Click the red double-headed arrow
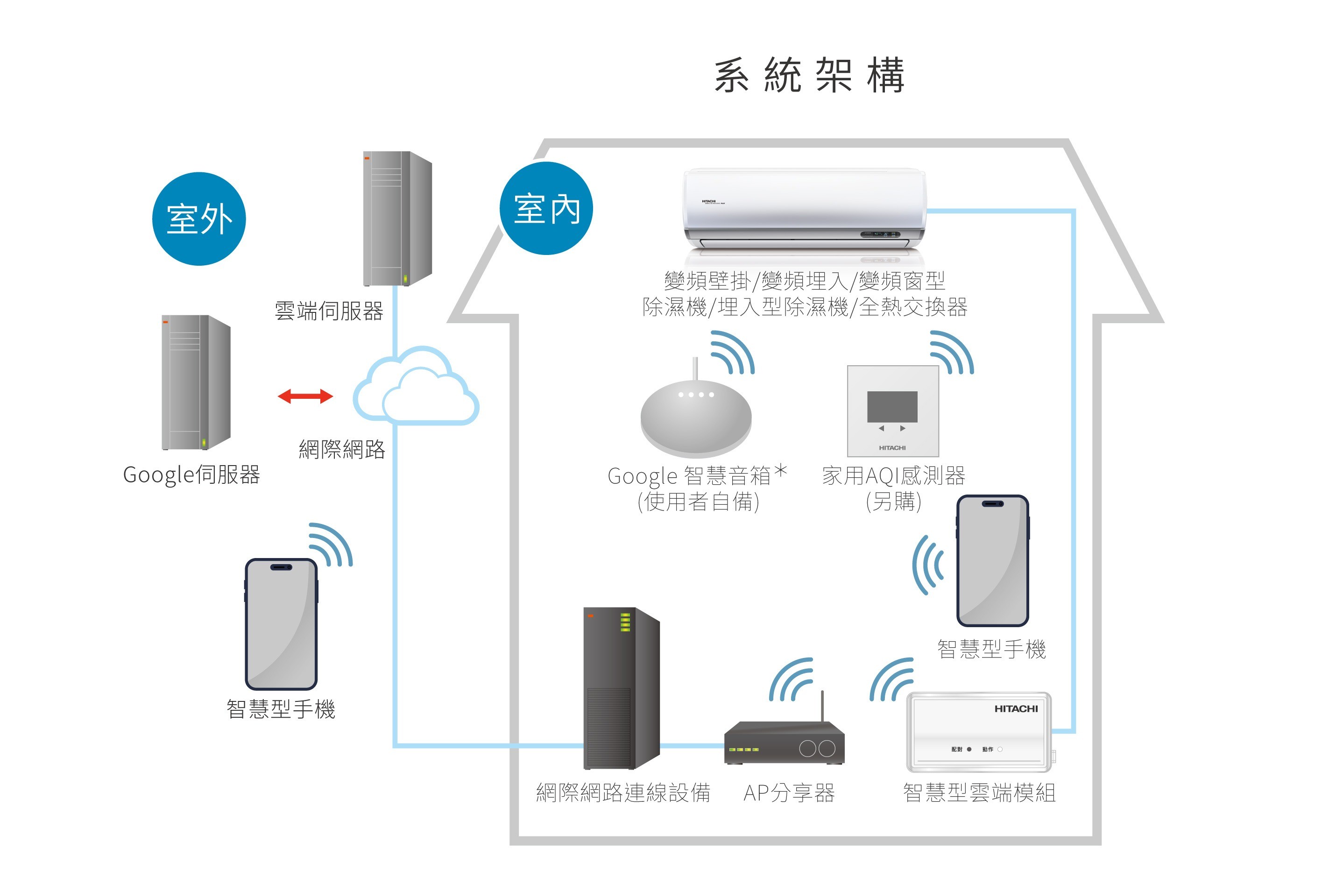coord(305,396)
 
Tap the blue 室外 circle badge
coord(198,219)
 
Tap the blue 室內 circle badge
coord(546,209)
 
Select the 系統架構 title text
coord(809,76)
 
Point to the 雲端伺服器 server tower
coord(397,218)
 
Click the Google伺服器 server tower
coord(196,382)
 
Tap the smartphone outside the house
coord(281,623)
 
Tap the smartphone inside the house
coord(992,560)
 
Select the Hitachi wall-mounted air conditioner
coord(805,209)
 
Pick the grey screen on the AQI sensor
coord(892,406)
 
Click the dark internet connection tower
coord(621,688)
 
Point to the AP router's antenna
coord(822,706)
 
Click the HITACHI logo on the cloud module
coord(1015,709)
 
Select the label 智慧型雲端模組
coord(979,792)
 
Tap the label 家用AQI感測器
coord(893,476)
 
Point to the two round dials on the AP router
coord(818,749)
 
